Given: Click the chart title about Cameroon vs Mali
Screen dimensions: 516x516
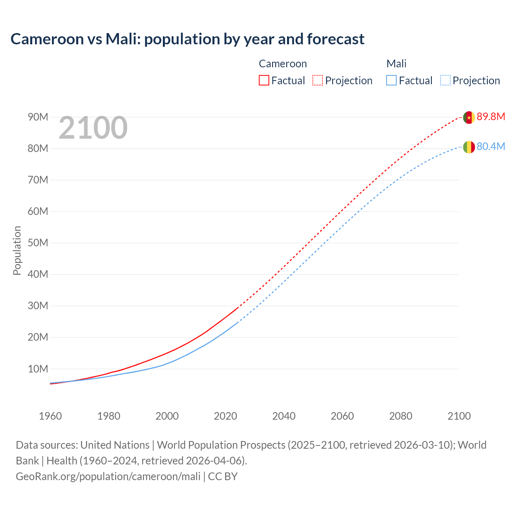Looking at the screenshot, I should click(187, 39).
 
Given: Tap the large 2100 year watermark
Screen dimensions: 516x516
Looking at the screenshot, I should click(93, 128).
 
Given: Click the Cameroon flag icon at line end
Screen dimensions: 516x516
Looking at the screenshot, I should click(468, 117).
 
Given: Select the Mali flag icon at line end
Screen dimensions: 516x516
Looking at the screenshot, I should click(468, 147).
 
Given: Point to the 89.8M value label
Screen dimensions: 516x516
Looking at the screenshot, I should click(491, 117).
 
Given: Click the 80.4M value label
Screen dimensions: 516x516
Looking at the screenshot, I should click(491, 146).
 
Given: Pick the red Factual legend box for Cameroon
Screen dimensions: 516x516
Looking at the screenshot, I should click(264, 80).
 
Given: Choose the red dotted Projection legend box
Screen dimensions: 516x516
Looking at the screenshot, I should click(318, 80).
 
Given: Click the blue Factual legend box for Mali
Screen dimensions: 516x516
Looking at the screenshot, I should click(391, 80).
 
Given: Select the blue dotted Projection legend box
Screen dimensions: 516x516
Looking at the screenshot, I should click(445, 80).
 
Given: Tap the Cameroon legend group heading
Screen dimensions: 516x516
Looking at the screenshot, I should click(283, 64).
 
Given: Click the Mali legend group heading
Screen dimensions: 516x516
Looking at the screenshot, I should click(396, 64).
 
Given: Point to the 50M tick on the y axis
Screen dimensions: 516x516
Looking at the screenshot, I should click(38, 243).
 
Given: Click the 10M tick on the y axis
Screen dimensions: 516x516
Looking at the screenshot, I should click(38, 369).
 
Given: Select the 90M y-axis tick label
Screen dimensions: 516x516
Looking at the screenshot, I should click(38, 117).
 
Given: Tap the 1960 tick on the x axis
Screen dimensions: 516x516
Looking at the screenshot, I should click(50, 416).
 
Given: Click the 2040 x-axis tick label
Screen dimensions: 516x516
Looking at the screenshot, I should click(284, 416).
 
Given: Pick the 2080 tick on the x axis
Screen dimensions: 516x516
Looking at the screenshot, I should click(401, 416).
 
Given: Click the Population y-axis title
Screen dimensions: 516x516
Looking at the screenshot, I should click(17, 250).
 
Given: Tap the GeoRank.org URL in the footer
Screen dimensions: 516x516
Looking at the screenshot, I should click(108, 476).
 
